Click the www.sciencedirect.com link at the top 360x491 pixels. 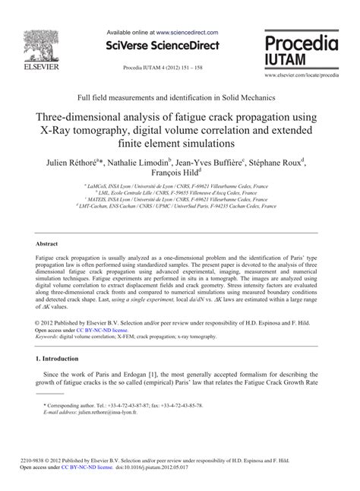pos(187,33)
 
